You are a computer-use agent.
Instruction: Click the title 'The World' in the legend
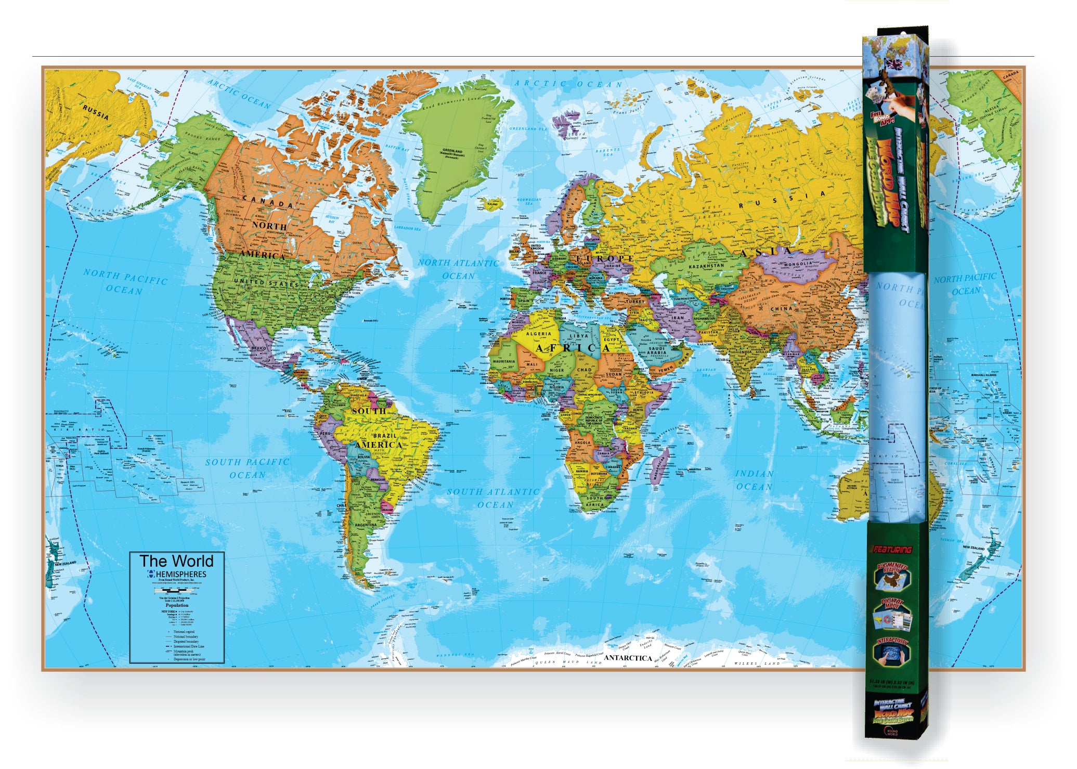coord(176,561)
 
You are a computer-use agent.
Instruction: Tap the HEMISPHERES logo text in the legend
coord(180,574)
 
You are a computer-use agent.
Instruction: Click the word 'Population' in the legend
coord(177,605)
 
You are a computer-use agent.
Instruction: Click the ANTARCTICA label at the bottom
coord(628,658)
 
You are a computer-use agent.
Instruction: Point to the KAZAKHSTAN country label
coord(706,266)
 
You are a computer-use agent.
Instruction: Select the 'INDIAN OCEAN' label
coord(754,480)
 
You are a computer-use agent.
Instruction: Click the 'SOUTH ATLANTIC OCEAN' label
coord(493,498)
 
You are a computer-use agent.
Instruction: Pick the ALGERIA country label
coord(538,333)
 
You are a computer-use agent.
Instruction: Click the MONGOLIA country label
coord(797,264)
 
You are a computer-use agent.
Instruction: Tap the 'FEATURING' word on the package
coord(892,550)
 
